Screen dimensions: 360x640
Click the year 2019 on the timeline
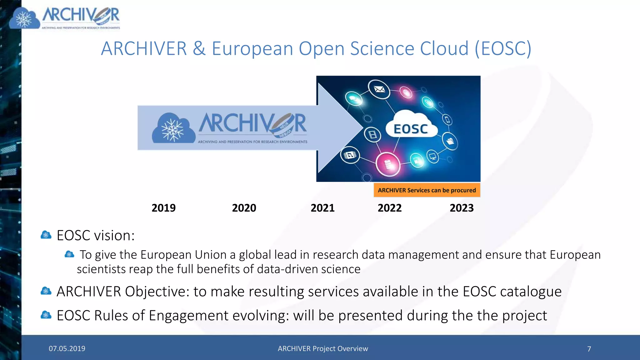(163, 208)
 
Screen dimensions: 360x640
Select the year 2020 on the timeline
(244, 208)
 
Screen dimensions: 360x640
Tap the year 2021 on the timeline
(322, 208)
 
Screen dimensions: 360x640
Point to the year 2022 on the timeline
(389, 208)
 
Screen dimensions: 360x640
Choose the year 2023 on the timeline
(462, 208)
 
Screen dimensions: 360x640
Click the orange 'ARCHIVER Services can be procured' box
(427, 190)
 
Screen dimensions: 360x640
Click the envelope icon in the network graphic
(379, 89)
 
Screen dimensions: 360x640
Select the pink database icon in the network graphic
(387, 163)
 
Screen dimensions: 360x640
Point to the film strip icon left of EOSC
(372, 135)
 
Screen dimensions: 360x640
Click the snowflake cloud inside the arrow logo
(173, 128)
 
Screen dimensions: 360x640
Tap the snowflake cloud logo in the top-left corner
(24, 19)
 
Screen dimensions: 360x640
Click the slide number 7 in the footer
(589, 349)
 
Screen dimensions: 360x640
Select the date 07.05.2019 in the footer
(67, 348)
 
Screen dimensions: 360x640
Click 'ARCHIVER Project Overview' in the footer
(323, 348)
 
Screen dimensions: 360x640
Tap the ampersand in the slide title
(199, 49)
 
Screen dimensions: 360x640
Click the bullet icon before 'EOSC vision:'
(46, 235)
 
